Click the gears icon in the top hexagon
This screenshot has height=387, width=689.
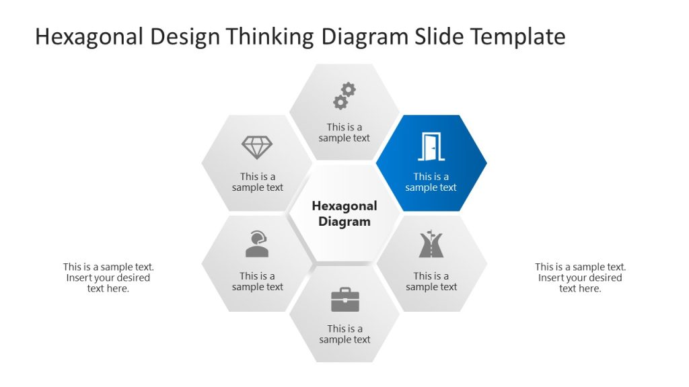coord(344,95)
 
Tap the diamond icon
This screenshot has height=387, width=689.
coord(257,147)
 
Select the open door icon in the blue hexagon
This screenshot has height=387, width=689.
coord(431,147)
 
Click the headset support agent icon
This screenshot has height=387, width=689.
coord(257,245)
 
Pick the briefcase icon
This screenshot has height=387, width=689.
coord(344,300)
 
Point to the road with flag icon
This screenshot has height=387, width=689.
coord(431,245)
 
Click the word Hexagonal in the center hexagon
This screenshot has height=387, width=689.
coord(344,206)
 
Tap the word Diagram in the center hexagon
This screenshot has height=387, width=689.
coord(344,222)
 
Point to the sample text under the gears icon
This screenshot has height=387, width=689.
coord(344,132)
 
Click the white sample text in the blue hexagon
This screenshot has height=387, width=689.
coord(431,182)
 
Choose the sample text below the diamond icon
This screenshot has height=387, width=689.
coord(258,182)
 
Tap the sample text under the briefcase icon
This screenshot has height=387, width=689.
coord(344,334)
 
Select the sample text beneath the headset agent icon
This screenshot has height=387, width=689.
coord(258,282)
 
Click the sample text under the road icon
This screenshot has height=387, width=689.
coord(431,282)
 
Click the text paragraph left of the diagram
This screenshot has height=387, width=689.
coord(108,277)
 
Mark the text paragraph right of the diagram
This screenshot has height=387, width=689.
coord(580,277)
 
